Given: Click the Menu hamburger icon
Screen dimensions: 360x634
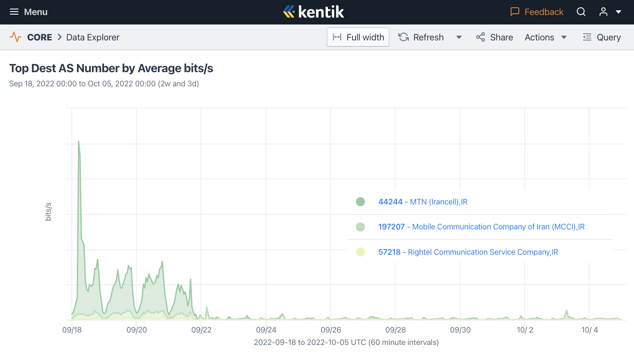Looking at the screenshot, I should pos(14,12).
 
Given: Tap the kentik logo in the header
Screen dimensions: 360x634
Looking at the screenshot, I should pos(313,12).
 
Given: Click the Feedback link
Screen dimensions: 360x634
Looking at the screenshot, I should pos(537,12).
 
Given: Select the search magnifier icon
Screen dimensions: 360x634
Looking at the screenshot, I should pos(581,12).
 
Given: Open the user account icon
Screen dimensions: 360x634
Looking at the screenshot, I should pos(603,12).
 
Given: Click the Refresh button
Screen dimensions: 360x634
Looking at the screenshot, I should pos(421,37).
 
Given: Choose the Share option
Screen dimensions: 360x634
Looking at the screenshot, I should pos(495,37).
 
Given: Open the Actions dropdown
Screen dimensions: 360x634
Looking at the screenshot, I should pos(545,37).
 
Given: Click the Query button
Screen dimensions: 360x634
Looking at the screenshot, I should pos(602,37).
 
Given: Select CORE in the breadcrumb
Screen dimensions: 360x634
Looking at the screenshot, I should pos(39,37).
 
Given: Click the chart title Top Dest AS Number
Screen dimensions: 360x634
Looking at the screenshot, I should pos(111,68).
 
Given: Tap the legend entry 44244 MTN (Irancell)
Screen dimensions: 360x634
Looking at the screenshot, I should pos(423,202).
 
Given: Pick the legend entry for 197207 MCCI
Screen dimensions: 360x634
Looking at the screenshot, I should pos(481,227).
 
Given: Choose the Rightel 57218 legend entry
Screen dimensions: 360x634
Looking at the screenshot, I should pos(468,252).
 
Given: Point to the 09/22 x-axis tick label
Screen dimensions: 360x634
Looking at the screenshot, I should pos(201,330).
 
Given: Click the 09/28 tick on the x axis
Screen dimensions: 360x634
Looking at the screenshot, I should pos(395,330).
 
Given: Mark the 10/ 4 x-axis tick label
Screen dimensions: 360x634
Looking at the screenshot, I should pos(589,330).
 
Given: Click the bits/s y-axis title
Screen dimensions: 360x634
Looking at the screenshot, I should pos(48,212).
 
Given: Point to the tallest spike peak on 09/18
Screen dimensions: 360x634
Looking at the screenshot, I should pos(79,141).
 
